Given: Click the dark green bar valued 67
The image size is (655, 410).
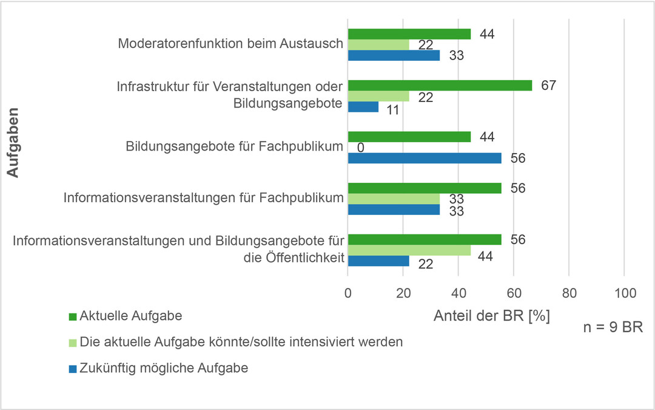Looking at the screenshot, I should click(x=440, y=85).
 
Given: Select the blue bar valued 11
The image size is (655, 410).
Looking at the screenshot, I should click(x=363, y=107).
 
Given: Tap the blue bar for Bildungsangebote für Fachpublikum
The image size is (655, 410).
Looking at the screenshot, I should click(x=425, y=158).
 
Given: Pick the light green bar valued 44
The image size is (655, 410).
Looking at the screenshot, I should click(x=409, y=250).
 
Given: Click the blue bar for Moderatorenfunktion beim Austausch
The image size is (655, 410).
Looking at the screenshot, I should click(x=394, y=55).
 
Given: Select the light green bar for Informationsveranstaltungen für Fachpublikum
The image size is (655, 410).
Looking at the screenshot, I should click(x=394, y=199).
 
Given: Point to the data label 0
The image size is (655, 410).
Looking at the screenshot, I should click(x=360, y=148).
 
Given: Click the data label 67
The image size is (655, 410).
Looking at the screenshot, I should click(x=549, y=85).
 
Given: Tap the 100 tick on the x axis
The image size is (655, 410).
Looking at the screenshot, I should click(x=624, y=293).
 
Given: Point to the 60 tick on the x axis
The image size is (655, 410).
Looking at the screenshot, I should click(x=514, y=293).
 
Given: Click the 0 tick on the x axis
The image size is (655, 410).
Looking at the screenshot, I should click(x=348, y=293).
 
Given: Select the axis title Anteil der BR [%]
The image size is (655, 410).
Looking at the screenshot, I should click(x=492, y=316).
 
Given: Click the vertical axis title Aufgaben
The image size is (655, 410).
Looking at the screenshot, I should click(x=13, y=143).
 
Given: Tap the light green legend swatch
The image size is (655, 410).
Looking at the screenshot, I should click(x=73, y=342).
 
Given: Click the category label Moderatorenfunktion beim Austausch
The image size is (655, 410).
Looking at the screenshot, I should click(x=230, y=44).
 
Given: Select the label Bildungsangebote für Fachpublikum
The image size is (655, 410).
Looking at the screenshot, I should click(x=235, y=147).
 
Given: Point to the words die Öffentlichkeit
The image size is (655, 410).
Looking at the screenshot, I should click(x=291, y=259).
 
